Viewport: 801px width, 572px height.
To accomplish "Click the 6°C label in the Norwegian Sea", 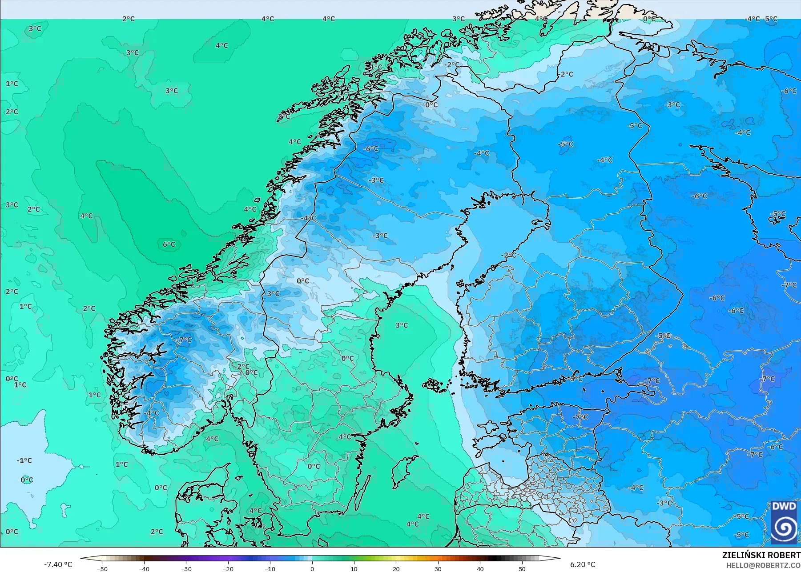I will pyautogui.click(x=169, y=244).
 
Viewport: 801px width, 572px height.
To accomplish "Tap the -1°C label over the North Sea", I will pyautogui.click(x=24, y=460).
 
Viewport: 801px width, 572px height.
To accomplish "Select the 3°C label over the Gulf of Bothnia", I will pyautogui.click(x=402, y=325).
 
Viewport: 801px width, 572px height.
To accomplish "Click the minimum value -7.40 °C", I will pyautogui.click(x=58, y=564).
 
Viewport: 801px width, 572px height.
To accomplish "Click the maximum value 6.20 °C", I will pyautogui.click(x=583, y=564).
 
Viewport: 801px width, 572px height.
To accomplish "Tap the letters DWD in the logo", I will pyautogui.click(x=784, y=506).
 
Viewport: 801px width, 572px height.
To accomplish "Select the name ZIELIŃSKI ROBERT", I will pyautogui.click(x=761, y=555).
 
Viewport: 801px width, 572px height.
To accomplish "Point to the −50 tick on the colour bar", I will pyautogui.click(x=102, y=568).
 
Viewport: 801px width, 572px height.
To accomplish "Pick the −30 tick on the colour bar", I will pyautogui.click(x=186, y=568).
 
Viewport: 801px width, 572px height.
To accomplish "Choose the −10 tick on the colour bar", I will pyautogui.click(x=270, y=568).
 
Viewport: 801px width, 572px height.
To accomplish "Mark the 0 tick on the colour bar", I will pyautogui.click(x=312, y=568).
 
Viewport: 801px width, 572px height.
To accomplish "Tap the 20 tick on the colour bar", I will pyautogui.click(x=396, y=568).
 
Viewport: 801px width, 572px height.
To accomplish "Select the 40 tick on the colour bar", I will pyautogui.click(x=480, y=568).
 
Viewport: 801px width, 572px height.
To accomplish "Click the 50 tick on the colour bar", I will pyautogui.click(x=522, y=568).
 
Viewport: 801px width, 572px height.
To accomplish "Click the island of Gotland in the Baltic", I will pyautogui.click(x=402, y=472).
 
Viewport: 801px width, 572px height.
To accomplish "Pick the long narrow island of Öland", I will pyautogui.click(x=363, y=493).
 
